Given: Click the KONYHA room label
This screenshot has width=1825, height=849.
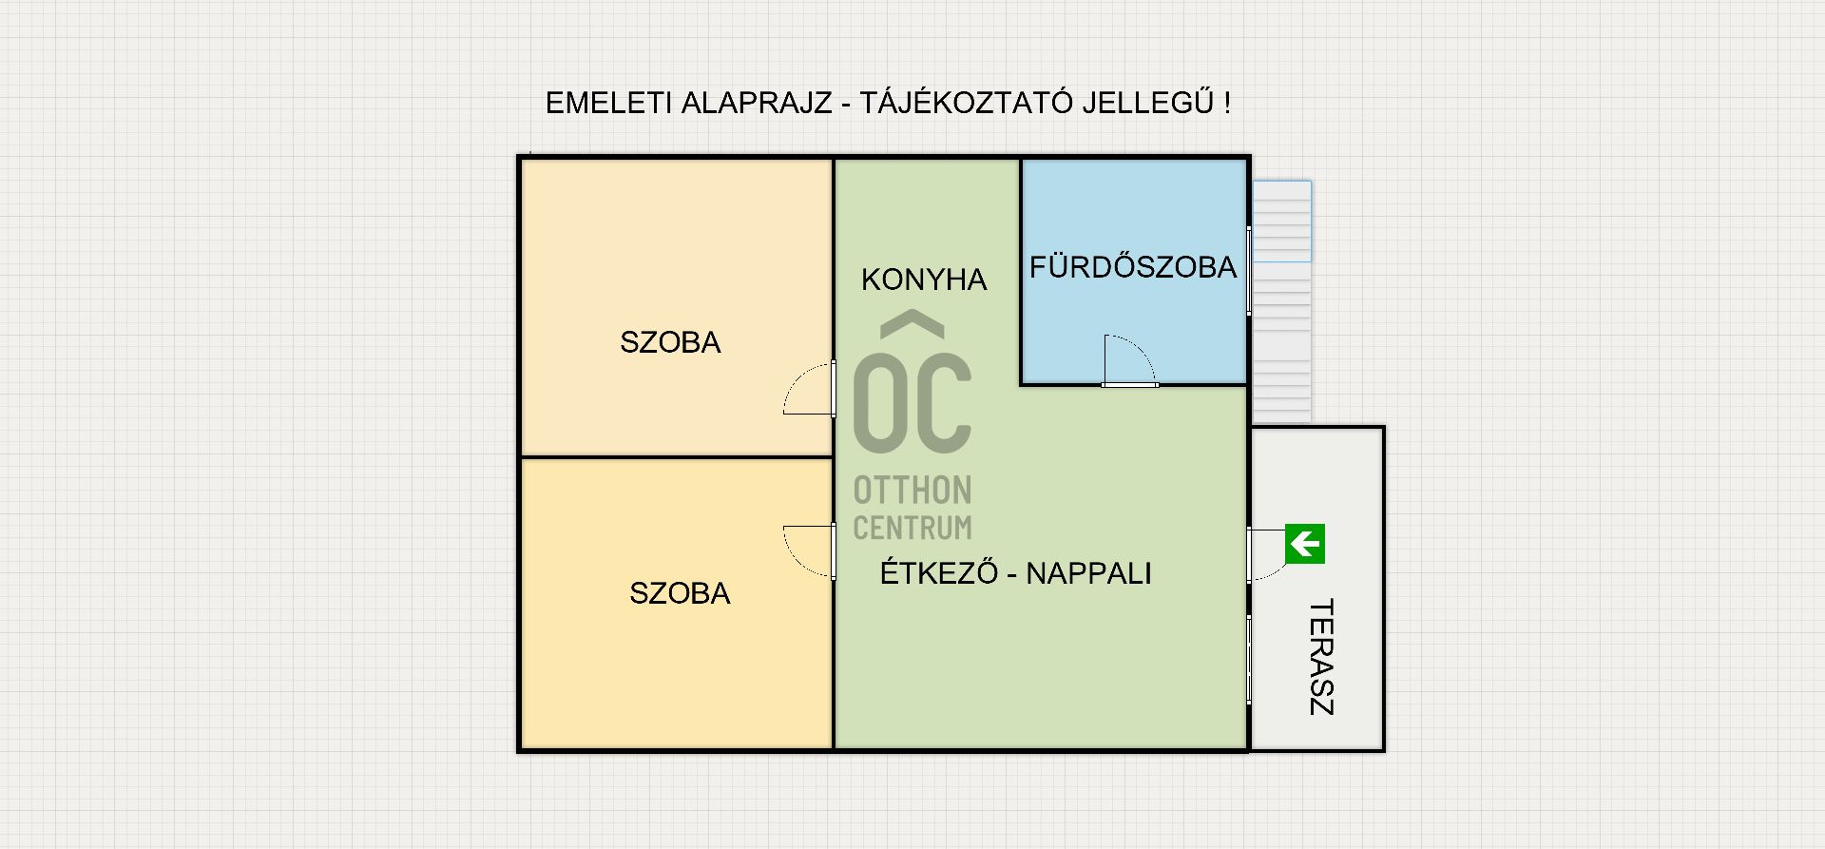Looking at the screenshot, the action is point(924,280).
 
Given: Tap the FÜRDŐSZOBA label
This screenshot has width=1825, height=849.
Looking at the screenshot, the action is point(1133,266).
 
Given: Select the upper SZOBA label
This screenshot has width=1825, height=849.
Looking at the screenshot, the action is point(670,342).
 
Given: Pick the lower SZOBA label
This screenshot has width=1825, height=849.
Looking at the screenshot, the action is point(680,593).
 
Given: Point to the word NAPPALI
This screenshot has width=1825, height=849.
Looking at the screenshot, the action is point(1089,573).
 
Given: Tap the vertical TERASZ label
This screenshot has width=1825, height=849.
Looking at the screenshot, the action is point(1321,657).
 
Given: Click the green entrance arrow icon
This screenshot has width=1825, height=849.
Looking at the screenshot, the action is point(1305,544).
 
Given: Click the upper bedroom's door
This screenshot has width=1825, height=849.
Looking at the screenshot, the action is point(810,389).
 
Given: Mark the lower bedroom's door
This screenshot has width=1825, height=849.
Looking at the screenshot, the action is point(810,551).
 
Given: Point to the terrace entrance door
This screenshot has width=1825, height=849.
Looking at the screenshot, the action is point(1266,555).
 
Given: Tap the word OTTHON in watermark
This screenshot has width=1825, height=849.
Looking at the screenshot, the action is point(912,491).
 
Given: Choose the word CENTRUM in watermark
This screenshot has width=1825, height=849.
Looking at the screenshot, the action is point(912,528).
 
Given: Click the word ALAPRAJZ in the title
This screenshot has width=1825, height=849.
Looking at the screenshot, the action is point(757,103).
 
